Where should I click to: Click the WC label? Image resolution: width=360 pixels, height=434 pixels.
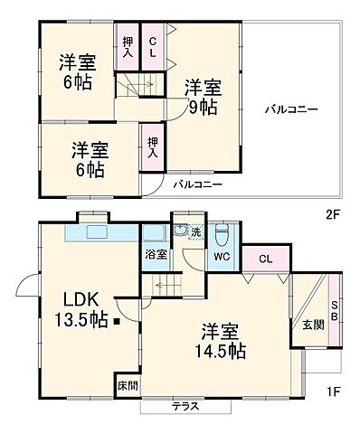(222, 256)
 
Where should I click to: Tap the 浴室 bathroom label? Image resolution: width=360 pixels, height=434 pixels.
(156, 254)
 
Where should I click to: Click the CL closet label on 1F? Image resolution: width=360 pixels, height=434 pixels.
(264, 259)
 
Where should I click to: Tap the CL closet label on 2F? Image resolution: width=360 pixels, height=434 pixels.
(152, 48)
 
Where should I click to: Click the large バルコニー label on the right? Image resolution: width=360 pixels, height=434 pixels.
(290, 109)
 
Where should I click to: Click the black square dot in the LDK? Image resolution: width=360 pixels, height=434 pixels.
(116, 321)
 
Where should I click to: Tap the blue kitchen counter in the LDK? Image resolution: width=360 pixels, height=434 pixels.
(99, 233)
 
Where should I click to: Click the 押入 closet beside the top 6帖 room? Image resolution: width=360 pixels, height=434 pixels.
(127, 48)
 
